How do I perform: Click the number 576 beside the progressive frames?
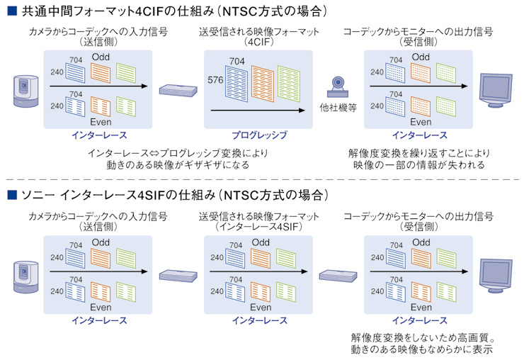215,80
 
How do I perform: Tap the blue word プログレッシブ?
259,135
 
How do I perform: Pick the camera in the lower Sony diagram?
24,275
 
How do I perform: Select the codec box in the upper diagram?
178,90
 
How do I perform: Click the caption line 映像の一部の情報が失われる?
419,165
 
